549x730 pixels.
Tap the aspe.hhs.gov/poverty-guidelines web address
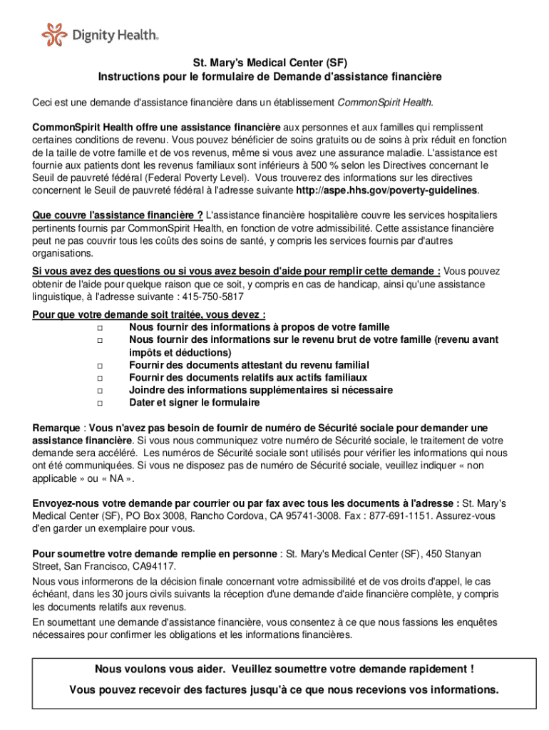[x=386, y=191]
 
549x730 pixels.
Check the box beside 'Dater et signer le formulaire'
[x=99, y=403]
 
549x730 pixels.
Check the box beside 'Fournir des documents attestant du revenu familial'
[x=99, y=365]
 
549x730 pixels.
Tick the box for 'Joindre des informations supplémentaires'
[x=99, y=391]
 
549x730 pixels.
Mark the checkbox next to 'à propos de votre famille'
[x=99, y=327]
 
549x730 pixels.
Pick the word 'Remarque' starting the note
[x=56, y=428]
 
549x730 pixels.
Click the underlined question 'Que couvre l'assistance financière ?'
[x=118, y=215]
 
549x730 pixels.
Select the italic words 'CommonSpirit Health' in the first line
[x=384, y=102]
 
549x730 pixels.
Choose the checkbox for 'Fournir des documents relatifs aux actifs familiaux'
[x=99, y=378]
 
